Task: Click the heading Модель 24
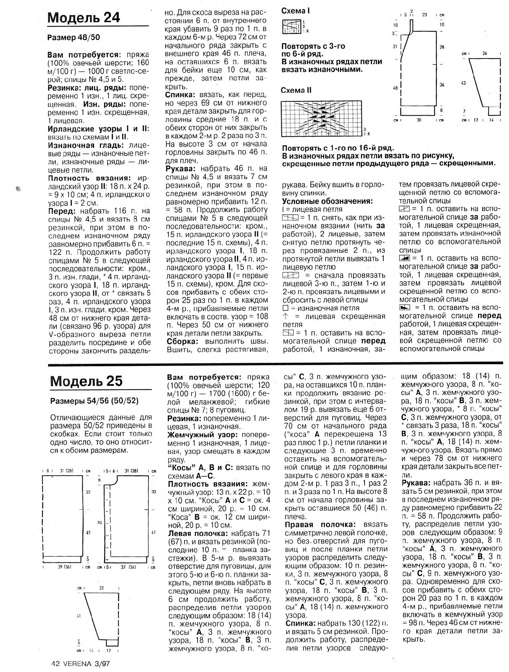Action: pyautogui.click(x=84, y=17)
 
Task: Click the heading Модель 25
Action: pyautogui.click(x=86, y=381)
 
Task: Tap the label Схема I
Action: pyautogui.click(x=295, y=11)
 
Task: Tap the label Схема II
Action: pyautogui.click(x=297, y=90)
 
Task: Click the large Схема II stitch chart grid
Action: pyautogui.click(x=322, y=118)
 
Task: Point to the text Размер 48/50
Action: pyautogui.click(x=74, y=38)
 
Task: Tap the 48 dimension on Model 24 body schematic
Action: pyautogui.click(x=395, y=88)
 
